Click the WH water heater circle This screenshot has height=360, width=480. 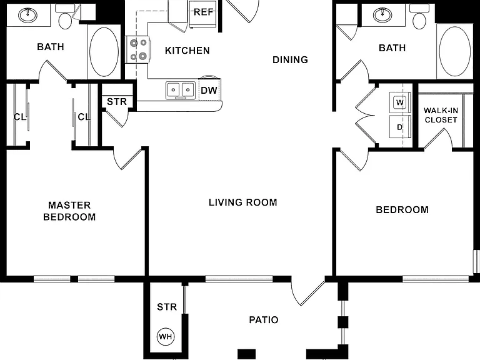(x=166, y=337)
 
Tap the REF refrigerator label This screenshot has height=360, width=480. (x=203, y=12)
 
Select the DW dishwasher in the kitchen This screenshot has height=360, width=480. (x=209, y=89)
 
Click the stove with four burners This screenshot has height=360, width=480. (x=137, y=49)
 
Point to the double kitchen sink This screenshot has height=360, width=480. (x=181, y=90)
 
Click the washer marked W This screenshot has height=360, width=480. (x=399, y=102)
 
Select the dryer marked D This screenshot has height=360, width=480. (x=399, y=127)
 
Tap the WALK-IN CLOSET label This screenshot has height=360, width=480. (x=441, y=115)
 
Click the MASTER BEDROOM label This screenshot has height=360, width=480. (x=69, y=211)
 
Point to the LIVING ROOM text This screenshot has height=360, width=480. (x=243, y=202)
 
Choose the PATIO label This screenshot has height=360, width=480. (x=264, y=320)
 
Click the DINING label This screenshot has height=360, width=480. (x=290, y=60)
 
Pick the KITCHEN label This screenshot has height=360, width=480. (x=187, y=51)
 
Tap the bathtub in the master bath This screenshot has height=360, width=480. (x=104, y=51)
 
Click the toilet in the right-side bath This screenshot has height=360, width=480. (x=419, y=17)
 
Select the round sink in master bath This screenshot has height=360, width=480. (x=28, y=14)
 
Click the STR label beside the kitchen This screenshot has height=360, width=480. (x=117, y=101)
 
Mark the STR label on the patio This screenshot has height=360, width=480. (x=167, y=307)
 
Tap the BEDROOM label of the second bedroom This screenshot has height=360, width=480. (x=402, y=210)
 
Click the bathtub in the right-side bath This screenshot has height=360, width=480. (x=454, y=52)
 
